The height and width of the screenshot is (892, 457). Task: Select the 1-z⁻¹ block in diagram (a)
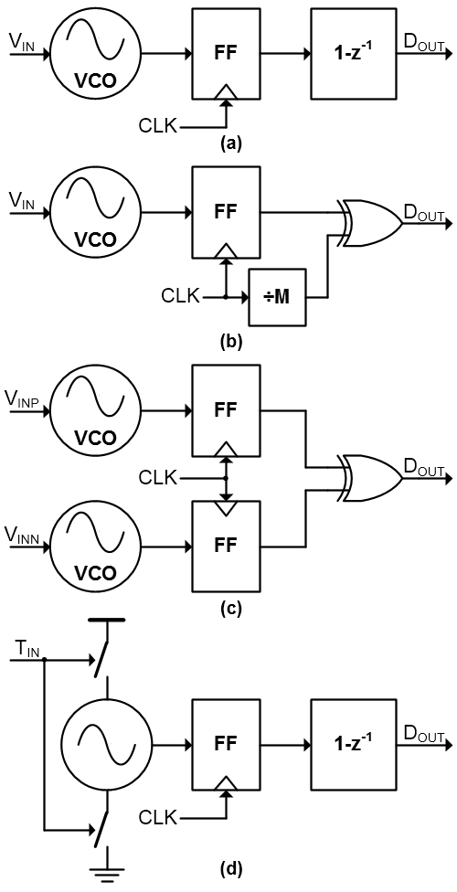(353, 54)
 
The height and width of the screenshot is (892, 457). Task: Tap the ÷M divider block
(277, 296)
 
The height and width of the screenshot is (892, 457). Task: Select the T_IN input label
(25, 649)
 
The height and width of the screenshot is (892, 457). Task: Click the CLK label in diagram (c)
(158, 478)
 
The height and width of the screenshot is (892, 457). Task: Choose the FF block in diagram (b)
(226, 213)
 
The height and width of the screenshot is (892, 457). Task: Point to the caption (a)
(231, 143)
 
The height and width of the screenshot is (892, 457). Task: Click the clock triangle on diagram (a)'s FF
(227, 92)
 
